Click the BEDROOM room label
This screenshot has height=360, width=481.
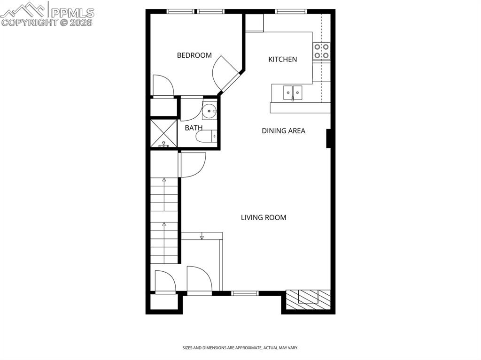[x=194, y=55]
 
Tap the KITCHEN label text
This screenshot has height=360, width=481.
[x=282, y=59]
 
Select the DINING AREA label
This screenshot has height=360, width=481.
[x=283, y=130]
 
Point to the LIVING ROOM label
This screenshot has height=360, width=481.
[x=264, y=217]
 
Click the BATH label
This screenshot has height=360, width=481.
[x=194, y=128]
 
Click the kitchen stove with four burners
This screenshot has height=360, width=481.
[x=322, y=51]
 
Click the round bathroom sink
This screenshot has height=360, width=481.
[x=209, y=111]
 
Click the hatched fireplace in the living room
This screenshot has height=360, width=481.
[x=308, y=299]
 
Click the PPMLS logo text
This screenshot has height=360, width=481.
[x=72, y=13]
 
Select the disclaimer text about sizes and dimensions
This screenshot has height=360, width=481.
[x=240, y=348]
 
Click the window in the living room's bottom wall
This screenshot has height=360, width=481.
[x=245, y=293]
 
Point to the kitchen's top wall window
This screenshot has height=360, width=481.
[x=291, y=11]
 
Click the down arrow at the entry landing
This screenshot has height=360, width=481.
[x=202, y=237]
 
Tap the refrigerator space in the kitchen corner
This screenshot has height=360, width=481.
[x=254, y=23]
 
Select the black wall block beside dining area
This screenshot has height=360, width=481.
[x=330, y=138]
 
